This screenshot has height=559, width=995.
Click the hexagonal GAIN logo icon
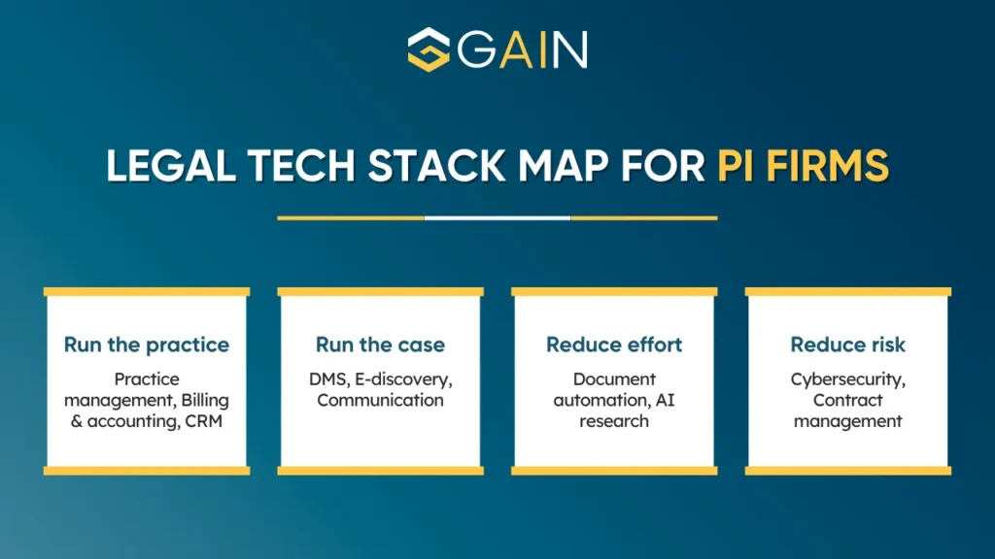pos(429,49)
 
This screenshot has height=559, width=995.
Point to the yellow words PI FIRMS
pos(803,166)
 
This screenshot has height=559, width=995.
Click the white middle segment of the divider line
pos(497,218)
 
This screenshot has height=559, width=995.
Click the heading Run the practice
pos(147,345)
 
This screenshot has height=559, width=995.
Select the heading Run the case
pos(380,345)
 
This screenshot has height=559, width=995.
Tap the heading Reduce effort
pos(614,345)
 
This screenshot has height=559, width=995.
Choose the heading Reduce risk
pos(847,345)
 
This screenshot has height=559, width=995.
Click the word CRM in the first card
pos(204,421)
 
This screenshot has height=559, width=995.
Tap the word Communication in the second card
pos(380,400)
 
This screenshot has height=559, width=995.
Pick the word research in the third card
pos(614,421)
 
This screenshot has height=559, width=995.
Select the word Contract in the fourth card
pos(847,400)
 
